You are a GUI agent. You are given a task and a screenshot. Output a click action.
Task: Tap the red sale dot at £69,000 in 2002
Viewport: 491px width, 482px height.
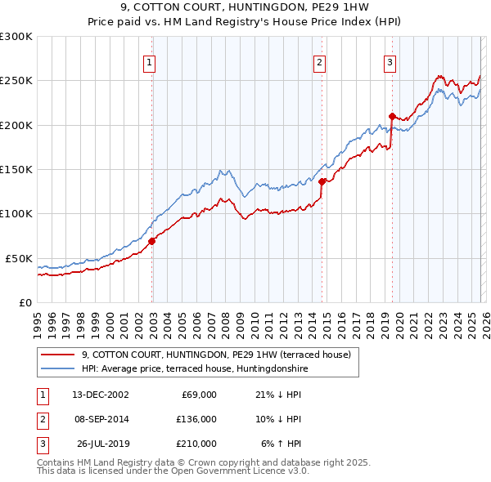152,241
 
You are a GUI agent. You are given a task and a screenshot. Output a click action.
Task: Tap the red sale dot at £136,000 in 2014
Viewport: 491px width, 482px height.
322,181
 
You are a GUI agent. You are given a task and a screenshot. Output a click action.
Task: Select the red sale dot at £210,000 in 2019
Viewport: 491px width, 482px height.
392,116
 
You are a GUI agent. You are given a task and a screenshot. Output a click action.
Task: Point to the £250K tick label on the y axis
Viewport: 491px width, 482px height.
16,81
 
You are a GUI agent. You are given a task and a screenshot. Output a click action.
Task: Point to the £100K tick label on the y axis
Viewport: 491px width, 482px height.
16,213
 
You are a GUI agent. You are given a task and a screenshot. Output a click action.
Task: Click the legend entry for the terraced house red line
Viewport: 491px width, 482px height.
216,355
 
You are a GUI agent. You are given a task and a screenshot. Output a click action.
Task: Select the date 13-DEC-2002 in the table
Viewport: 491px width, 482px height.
100,395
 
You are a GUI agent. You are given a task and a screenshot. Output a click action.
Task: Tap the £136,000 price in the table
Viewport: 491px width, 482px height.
197,419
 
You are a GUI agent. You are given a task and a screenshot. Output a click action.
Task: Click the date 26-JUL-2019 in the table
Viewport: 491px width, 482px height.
101,444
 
